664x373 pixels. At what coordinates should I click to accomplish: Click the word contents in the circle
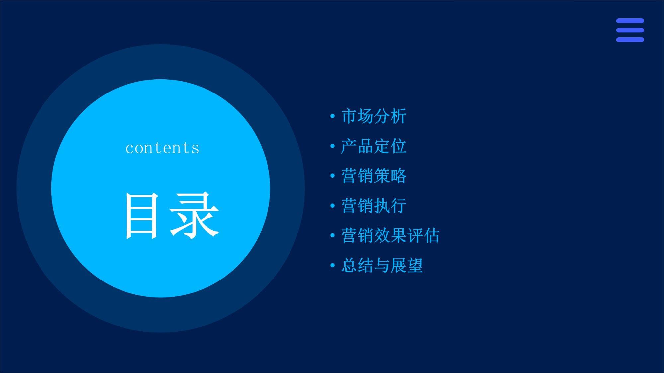click(162, 148)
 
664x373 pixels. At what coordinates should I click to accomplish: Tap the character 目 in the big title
click(141, 216)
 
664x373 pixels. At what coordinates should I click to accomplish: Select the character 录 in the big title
click(195, 216)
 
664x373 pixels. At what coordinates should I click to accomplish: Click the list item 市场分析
click(373, 116)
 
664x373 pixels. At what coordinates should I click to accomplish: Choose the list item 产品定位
click(373, 146)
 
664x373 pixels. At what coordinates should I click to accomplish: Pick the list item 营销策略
click(373, 176)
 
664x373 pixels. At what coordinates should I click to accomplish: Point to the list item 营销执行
click(373, 206)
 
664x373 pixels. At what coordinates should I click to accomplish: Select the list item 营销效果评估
click(390, 236)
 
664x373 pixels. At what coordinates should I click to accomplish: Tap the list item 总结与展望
click(382, 266)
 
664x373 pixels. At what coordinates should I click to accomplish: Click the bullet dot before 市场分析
click(332, 116)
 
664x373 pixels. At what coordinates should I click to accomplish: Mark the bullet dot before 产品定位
click(332, 146)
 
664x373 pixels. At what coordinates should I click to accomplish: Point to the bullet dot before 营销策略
click(332, 176)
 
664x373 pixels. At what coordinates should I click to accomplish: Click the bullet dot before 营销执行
click(332, 206)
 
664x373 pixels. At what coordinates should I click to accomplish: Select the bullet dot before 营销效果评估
click(332, 236)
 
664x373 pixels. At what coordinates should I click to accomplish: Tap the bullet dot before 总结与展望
click(332, 266)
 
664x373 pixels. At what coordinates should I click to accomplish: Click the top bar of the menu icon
click(630, 21)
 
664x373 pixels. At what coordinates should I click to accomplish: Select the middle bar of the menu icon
click(630, 30)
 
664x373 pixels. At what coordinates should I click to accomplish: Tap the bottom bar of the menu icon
click(630, 40)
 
